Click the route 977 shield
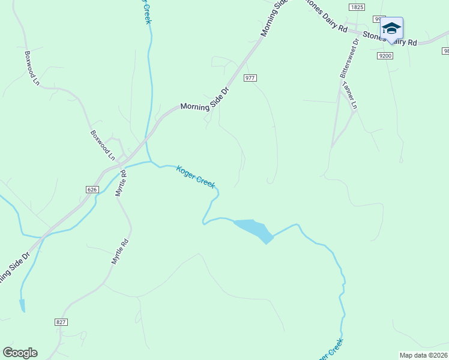click(x=250, y=78)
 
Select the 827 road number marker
click(x=61, y=322)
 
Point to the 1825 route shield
click(x=357, y=7)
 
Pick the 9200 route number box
click(x=385, y=56)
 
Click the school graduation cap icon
click(x=391, y=28)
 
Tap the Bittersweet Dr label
click(x=349, y=59)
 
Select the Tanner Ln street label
click(x=350, y=95)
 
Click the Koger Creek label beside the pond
click(x=196, y=177)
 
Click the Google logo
click(x=20, y=353)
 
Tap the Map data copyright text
click(x=424, y=355)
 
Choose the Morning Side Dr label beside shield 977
click(x=205, y=100)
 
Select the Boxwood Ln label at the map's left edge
click(x=32, y=68)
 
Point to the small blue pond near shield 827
click(x=22, y=306)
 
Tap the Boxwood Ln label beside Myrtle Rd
click(x=103, y=145)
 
